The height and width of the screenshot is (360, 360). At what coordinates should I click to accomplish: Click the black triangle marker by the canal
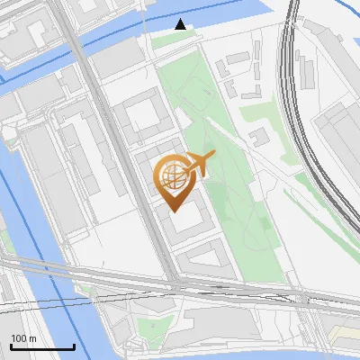181,24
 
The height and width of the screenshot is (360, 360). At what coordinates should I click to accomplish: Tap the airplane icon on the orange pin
199,163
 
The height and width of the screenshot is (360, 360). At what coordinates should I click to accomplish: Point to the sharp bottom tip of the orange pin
173,211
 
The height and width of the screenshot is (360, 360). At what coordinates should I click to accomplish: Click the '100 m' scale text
24,338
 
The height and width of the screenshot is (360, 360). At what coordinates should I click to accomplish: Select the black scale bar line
42,347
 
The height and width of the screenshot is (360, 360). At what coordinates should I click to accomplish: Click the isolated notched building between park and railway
259,137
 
